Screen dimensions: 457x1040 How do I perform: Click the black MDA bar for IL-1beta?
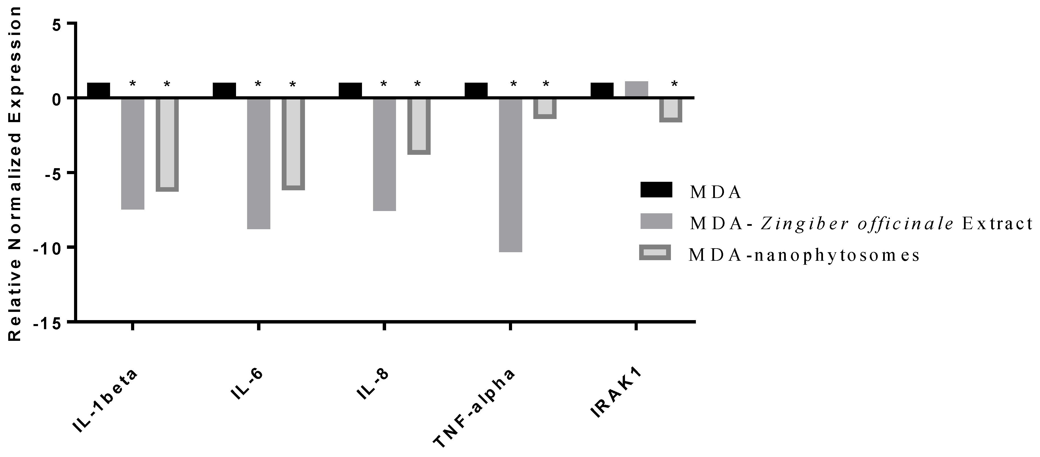(x=98, y=90)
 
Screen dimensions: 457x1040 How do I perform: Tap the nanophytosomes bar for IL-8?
(x=419, y=126)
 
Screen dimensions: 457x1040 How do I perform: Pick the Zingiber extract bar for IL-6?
(x=259, y=163)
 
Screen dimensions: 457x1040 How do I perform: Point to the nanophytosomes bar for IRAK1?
(x=671, y=110)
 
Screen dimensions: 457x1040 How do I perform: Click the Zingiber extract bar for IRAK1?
(x=636, y=89)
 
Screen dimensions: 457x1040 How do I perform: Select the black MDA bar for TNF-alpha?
(x=476, y=90)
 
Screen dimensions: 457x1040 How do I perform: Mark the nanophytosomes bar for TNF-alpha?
(x=545, y=108)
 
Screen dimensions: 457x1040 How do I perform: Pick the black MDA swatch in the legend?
(x=656, y=189)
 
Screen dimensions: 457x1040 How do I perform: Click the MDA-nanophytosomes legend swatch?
(x=655, y=253)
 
